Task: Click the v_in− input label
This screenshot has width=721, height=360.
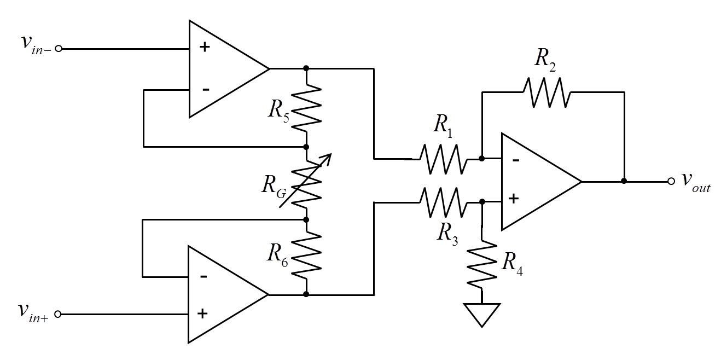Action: pyautogui.click(x=34, y=45)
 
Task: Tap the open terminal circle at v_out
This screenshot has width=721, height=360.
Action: pyautogui.click(x=671, y=181)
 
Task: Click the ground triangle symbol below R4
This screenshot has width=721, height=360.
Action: pyautogui.click(x=481, y=314)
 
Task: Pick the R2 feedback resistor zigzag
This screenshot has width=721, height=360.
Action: pyautogui.click(x=547, y=92)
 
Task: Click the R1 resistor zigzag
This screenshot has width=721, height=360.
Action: pyautogui.click(x=444, y=159)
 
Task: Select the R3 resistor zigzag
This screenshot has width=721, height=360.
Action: pyautogui.click(x=444, y=202)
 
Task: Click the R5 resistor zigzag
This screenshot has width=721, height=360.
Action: pyautogui.click(x=306, y=108)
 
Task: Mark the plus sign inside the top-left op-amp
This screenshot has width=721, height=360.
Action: pyautogui.click(x=205, y=47)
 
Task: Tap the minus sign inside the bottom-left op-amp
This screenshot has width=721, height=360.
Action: pyautogui.click(x=203, y=276)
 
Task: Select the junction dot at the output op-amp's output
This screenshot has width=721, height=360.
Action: pyautogui.click(x=624, y=181)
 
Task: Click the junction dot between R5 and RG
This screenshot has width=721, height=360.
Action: pyautogui.click(x=306, y=147)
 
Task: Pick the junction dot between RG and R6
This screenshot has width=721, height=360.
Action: pyautogui.click(x=306, y=219)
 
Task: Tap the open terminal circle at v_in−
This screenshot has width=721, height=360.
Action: pyautogui.click(x=59, y=48)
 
